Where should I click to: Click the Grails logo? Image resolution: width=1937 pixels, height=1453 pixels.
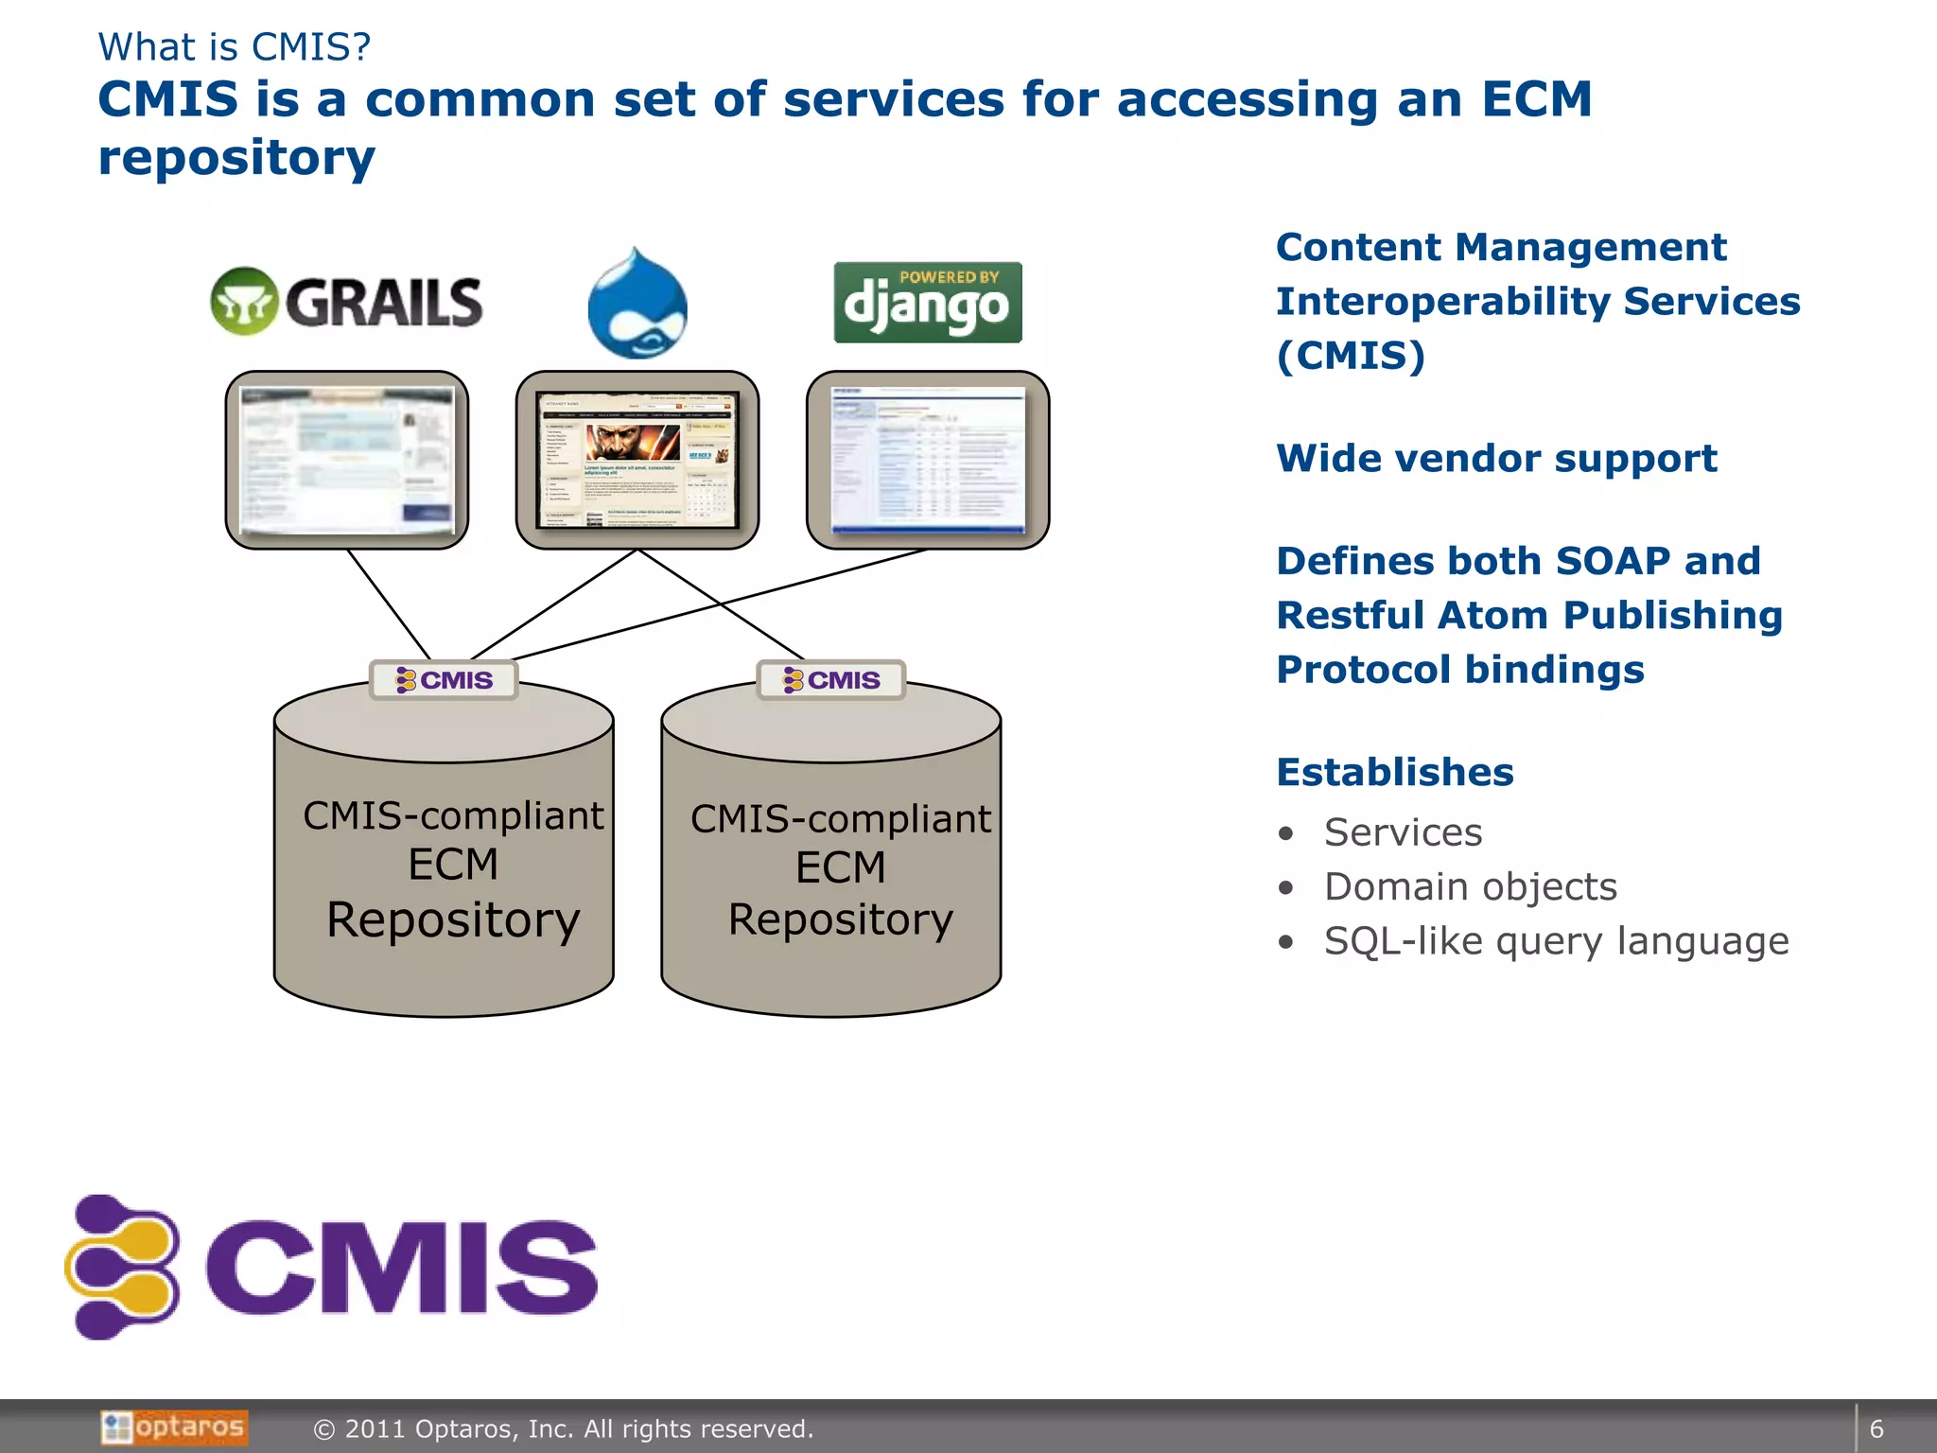[x=346, y=302]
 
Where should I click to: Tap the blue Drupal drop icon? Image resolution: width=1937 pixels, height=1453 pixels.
[x=637, y=305]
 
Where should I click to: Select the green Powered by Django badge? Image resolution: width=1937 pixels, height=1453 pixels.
[x=927, y=303]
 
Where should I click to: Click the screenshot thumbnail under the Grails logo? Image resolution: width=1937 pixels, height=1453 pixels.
[x=347, y=460]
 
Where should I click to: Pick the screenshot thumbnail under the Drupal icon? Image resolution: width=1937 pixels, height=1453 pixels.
[x=637, y=460]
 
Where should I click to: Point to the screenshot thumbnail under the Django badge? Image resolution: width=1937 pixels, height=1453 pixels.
[x=927, y=460]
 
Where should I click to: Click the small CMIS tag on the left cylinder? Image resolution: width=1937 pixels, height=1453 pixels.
[x=444, y=679]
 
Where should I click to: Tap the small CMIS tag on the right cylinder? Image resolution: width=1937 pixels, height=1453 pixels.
[x=831, y=679]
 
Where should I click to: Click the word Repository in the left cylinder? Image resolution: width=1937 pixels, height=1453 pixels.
[x=453, y=919]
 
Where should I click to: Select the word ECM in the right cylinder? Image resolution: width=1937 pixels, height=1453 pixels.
[x=840, y=867]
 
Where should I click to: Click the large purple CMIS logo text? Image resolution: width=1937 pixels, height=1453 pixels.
[x=401, y=1268]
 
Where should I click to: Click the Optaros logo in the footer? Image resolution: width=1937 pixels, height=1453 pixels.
[x=174, y=1427]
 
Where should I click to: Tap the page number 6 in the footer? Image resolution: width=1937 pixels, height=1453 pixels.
[x=1876, y=1428]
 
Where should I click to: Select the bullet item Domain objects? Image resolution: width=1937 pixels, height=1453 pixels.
[x=1470, y=886]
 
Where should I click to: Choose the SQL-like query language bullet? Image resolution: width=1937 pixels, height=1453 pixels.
[x=1556, y=941]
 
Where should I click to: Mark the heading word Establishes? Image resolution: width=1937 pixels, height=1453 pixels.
[x=1395, y=772]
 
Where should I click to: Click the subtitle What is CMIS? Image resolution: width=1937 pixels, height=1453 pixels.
[x=235, y=47]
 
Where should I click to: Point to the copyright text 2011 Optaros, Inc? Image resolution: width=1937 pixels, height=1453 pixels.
[x=564, y=1428]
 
